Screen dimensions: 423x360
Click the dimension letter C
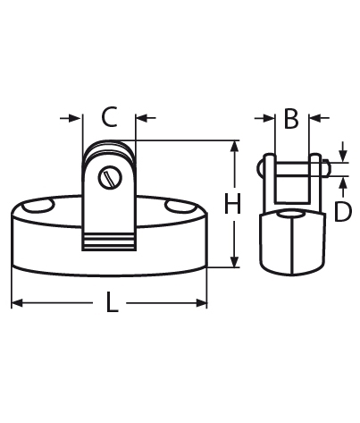click(x=109, y=117)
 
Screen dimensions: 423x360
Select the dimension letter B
click(x=290, y=118)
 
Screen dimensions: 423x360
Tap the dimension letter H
click(x=234, y=205)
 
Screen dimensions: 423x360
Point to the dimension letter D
click(x=342, y=211)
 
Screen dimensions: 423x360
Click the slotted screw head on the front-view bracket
click(x=110, y=178)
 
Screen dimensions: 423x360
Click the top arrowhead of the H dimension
click(x=234, y=146)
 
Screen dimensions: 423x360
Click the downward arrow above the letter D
click(x=342, y=153)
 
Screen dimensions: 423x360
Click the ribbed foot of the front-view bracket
click(x=109, y=240)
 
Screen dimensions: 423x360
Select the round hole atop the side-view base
click(x=289, y=215)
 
